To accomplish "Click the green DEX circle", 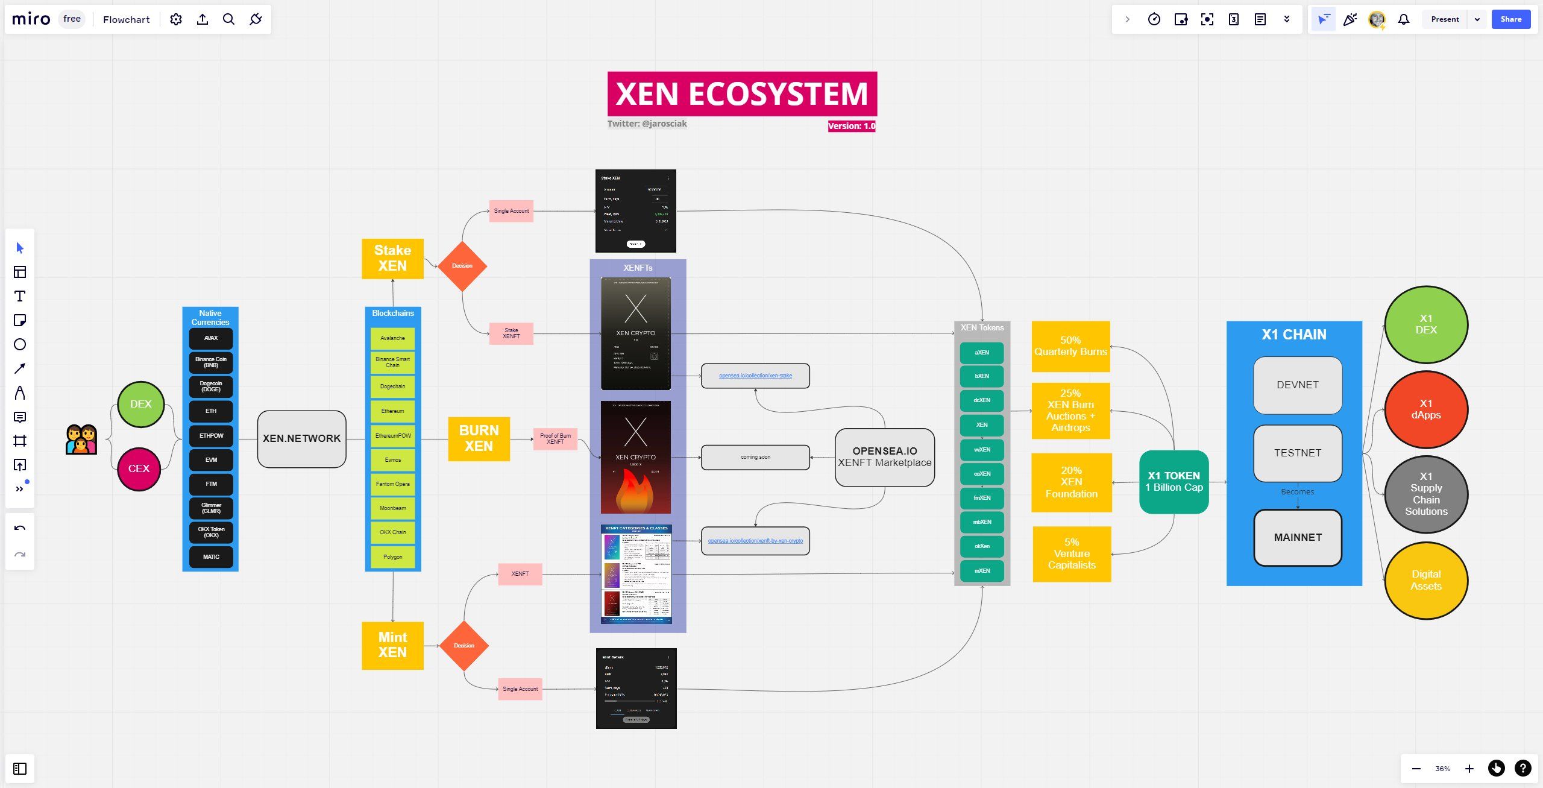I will tap(141, 404).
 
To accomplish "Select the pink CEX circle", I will tap(139, 468).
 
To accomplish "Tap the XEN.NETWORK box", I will tap(301, 438).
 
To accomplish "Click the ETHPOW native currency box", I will tap(211, 435).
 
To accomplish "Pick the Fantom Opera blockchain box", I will tap(392, 484).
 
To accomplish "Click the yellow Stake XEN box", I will tap(392, 259).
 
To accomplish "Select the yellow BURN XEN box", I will tap(479, 438).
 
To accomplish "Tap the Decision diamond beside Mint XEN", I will tap(464, 646).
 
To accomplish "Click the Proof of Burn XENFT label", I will tap(555, 439).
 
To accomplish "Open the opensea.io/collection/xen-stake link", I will tap(755, 376).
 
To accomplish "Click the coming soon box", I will tap(755, 457).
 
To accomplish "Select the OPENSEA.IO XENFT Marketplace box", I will tap(884, 457).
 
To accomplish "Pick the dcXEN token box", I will tap(982, 400).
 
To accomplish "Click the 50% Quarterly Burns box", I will tap(1070, 346).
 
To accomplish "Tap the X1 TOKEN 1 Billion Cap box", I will tap(1174, 482).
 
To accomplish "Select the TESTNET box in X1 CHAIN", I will tap(1297, 453).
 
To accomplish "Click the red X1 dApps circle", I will tap(1425, 409).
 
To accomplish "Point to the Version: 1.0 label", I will tap(851, 126).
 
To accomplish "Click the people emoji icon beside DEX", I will tap(81, 439).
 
